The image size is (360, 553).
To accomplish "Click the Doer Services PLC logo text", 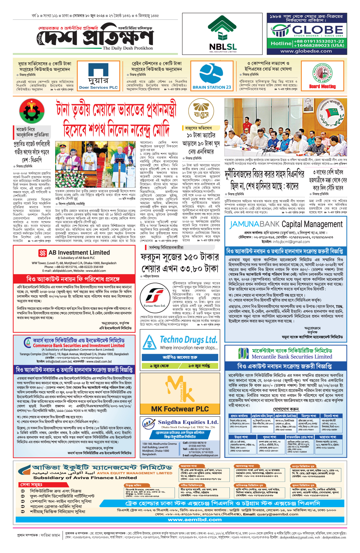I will (x=98, y=88).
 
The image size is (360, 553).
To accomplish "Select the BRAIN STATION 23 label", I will (x=212, y=87).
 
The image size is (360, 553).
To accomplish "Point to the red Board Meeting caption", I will (x=322, y=86).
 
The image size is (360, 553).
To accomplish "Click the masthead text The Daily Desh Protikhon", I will (x=128, y=48).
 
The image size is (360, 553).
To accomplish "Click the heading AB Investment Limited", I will (x=79, y=253).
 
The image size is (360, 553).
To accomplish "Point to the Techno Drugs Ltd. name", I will (x=188, y=340).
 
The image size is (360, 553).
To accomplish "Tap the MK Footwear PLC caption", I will (x=180, y=409).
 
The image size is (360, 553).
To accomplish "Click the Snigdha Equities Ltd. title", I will (x=188, y=422).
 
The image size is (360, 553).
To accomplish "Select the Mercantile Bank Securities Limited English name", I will (x=292, y=357).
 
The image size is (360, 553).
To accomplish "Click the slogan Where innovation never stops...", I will (x=189, y=347).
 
